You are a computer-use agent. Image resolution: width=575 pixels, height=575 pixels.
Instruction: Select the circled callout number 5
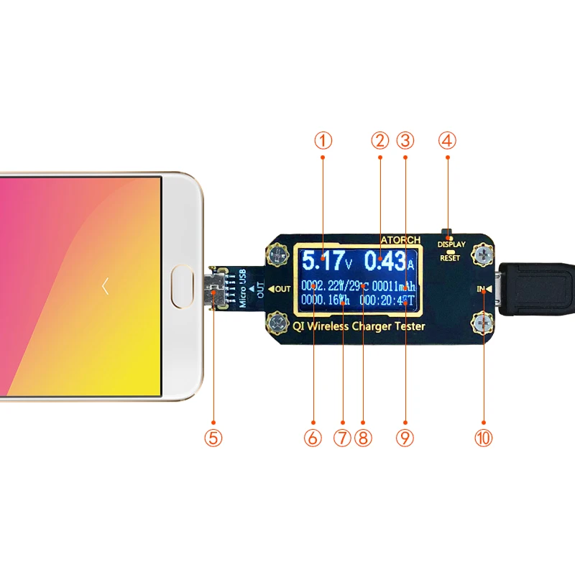coord(213,437)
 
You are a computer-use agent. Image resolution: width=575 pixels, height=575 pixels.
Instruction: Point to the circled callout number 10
coord(483,437)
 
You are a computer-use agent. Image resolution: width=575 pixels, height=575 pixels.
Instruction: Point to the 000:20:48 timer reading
coord(388,300)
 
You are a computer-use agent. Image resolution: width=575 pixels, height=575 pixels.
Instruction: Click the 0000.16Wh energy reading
coord(326,300)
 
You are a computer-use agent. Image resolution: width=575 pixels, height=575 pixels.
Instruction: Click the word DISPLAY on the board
coord(451,244)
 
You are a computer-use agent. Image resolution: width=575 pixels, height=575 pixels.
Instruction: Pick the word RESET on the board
coord(451,257)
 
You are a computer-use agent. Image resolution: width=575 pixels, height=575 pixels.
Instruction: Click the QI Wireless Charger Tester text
coord(359,326)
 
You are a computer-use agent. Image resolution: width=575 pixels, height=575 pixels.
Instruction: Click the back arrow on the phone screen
coord(105,287)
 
